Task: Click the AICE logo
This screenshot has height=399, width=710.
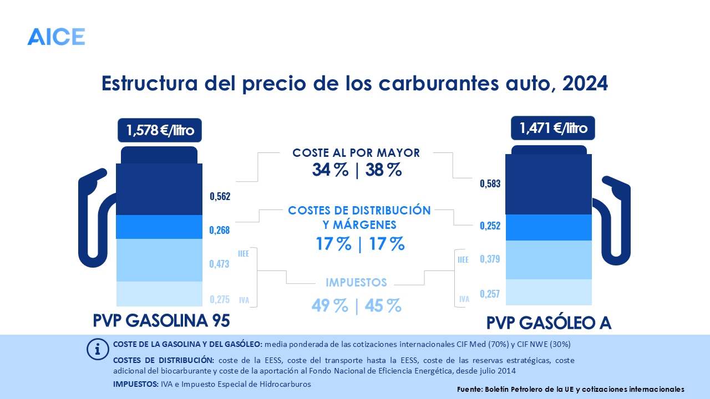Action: tap(56, 37)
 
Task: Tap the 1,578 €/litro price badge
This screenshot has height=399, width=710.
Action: tap(160, 131)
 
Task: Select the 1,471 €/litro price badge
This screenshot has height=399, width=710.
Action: tap(552, 129)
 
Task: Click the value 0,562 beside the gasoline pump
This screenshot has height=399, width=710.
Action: tap(220, 196)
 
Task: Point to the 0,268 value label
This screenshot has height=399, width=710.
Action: tap(220, 230)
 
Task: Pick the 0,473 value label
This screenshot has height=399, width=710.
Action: tap(220, 264)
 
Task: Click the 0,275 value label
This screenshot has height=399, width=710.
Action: tap(220, 299)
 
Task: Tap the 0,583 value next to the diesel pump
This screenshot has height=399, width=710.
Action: tap(490, 183)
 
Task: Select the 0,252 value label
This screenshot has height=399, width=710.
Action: tap(490, 226)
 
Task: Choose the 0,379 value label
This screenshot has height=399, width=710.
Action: tap(490, 259)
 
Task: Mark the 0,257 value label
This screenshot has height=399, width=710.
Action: tap(490, 294)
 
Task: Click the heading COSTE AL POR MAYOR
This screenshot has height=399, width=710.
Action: tap(356, 153)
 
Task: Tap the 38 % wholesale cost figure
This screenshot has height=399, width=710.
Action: tap(383, 170)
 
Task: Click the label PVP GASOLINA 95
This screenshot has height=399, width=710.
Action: tap(161, 321)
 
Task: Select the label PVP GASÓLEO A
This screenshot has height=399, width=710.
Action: tap(549, 323)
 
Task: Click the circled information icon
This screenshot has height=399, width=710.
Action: tap(98, 349)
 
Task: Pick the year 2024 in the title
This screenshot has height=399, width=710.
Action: tap(585, 83)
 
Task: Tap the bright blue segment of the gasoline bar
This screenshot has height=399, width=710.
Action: tap(159, 227)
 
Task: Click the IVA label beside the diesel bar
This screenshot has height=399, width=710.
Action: tap(464, 299)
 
